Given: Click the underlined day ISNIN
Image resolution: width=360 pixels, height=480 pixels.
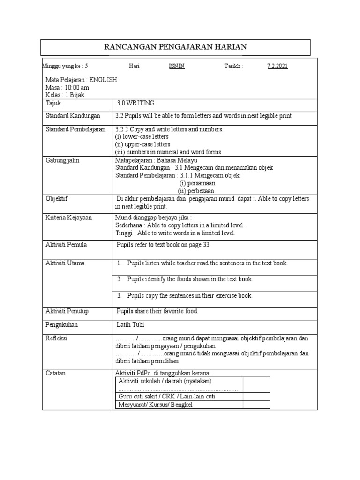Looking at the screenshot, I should click(177, 66).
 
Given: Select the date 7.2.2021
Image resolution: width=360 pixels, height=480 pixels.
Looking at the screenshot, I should click(277, 66).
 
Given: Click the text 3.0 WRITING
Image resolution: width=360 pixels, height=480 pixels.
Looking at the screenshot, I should click(135, 103).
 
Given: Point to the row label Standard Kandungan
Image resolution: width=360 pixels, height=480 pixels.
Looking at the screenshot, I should click(68, 116).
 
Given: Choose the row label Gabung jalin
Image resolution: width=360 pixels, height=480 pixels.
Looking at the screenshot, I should click(62, 160).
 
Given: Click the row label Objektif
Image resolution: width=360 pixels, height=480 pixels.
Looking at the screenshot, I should click(57, 199).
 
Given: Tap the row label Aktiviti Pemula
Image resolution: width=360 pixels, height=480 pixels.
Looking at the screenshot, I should click(66, 245).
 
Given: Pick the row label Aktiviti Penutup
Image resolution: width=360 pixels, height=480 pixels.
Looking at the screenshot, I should click(67, 311).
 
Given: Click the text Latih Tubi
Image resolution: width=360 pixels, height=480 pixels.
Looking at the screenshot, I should click(131, 324).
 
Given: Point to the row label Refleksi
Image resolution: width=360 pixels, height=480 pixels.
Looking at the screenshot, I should click(56, 338).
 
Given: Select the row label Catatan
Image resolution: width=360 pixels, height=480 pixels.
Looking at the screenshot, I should click(55, 373).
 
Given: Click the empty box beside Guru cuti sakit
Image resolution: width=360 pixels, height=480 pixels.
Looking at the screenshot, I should click(256, 397).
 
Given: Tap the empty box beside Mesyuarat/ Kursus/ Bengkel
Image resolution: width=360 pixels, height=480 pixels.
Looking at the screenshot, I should click(256, 405).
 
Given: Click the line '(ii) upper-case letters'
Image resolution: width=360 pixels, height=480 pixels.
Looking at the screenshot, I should click(143, 144).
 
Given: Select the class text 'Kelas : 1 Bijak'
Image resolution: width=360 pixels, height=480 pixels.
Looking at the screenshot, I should click(65, 95).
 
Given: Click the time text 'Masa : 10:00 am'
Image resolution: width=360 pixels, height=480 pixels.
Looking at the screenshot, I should click(67, 88).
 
